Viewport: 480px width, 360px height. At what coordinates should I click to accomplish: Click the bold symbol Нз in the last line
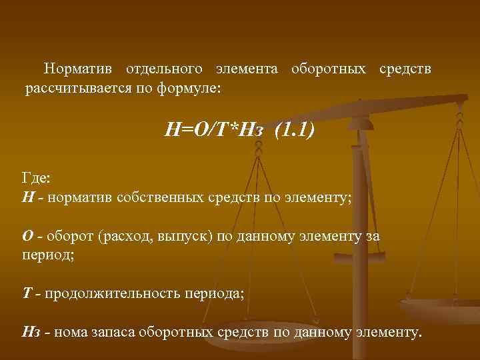(x=31, y=333)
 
